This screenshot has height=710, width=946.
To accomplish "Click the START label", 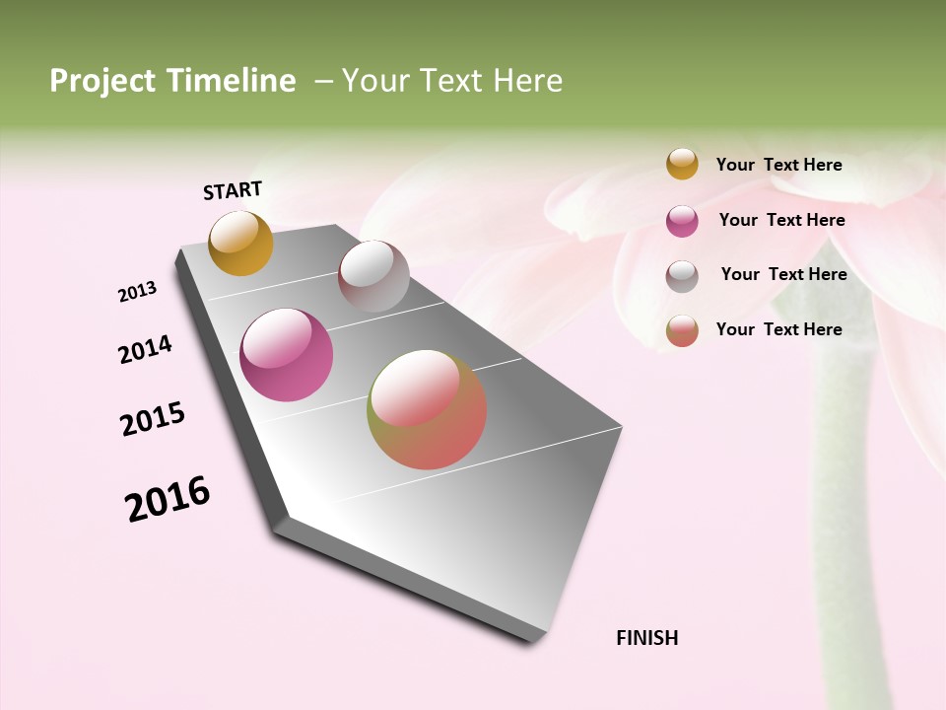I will click(233, 190).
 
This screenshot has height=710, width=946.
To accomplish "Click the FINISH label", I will click(646, 638).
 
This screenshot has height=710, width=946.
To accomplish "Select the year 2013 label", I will click(138, 291).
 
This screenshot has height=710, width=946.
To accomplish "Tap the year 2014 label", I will click(145, 349).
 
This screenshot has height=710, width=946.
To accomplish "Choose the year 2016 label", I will click(168, 499).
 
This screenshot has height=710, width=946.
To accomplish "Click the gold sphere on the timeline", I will click(240, 243).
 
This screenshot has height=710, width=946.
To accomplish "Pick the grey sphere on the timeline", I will click(373, 276).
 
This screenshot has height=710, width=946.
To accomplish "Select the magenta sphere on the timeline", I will click(287, 355).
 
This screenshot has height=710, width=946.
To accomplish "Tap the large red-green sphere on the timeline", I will click(427, 409).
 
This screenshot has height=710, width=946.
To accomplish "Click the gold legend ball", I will click(682, 164).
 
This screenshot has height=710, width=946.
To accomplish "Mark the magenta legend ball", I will click(682, 221).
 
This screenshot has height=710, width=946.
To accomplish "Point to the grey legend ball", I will click(682, 276).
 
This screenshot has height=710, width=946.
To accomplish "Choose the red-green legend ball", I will click(682, 330).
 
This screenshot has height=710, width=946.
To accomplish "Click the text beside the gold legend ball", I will click(778, 165).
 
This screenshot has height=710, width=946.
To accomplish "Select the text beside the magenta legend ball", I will click(781, 220).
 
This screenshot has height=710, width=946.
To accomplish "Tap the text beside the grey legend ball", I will click(783, 274).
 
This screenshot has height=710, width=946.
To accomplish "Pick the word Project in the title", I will click(102, 81).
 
